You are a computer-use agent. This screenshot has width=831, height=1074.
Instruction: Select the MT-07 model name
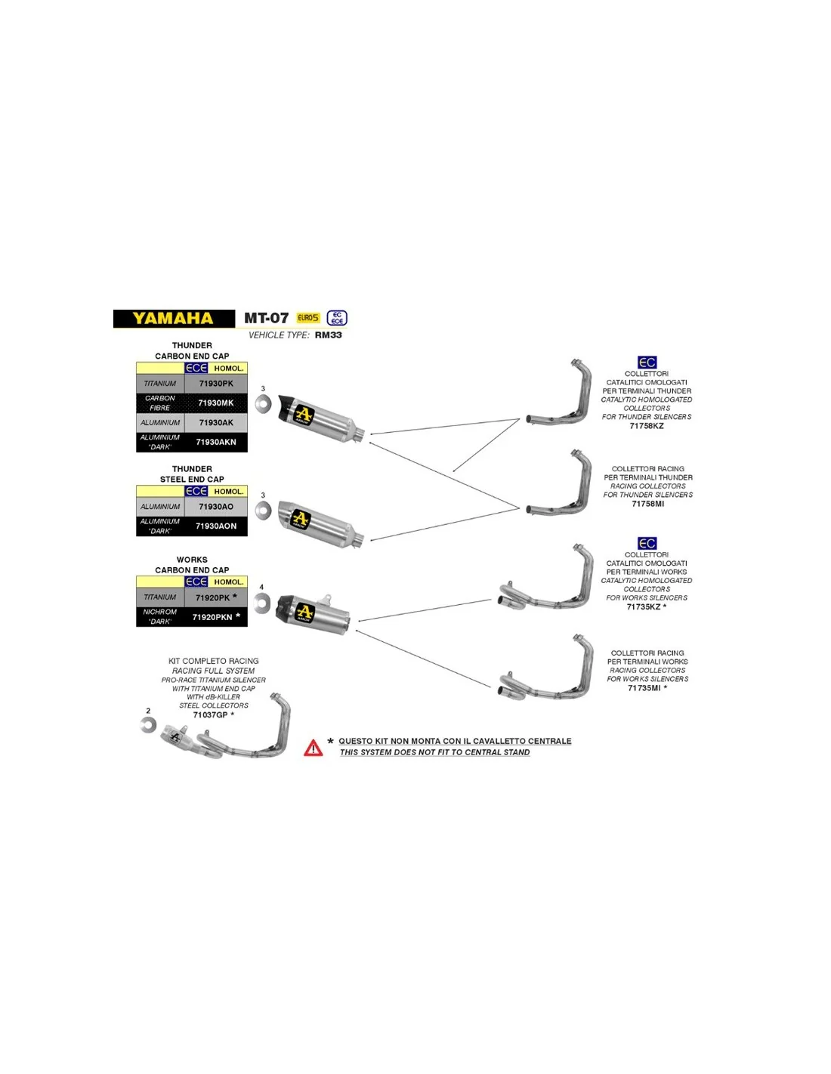click(266, 319)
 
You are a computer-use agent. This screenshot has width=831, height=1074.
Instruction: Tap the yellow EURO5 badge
click(308, 318)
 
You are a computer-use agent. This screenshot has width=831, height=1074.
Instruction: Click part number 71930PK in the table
click(216, 384)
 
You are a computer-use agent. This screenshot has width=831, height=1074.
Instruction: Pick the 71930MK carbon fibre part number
click(216, 403)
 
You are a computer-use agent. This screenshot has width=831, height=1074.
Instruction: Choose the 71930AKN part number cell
click(216, 443)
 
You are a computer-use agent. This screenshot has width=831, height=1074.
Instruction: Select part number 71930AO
click(216, 507)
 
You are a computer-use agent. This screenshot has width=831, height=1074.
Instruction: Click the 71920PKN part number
click(212, 617)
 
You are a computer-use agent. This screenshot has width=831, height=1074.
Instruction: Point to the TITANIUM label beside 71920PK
click(160, 597)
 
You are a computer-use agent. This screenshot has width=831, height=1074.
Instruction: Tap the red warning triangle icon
click(314, 748)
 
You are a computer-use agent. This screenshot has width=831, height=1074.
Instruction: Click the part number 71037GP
click(210, 715)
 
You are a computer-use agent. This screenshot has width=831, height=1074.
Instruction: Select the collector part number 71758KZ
click(647, 426)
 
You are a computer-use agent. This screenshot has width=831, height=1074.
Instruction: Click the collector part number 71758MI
click(648, 504)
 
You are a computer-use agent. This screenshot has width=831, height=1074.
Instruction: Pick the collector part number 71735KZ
click(644, 606)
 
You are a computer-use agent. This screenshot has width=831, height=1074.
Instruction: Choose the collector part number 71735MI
click(644, 688)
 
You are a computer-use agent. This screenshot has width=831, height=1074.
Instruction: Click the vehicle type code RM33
click(329, 335)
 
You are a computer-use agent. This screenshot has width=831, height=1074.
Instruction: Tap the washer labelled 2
click(149, 725)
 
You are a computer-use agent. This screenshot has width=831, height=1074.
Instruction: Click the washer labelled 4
click(262, 603)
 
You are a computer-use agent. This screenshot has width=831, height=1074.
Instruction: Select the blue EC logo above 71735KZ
click(647, 544)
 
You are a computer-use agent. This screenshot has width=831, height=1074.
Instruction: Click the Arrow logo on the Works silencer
click(304, 612)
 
